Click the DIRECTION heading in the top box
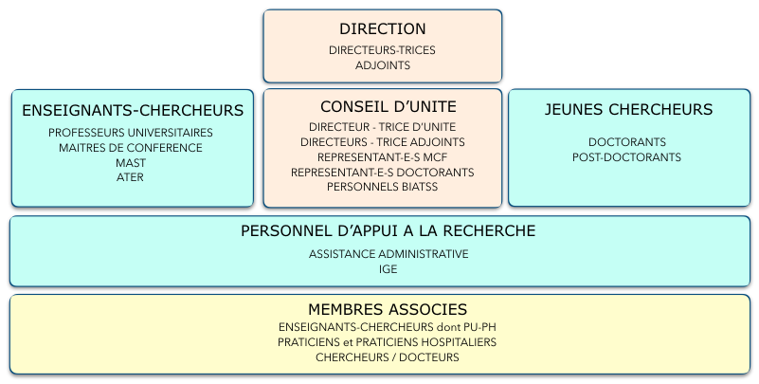tap(383, 29)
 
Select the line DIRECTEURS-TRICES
tap(383, 50)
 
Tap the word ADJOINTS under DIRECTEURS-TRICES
tap(383, 65)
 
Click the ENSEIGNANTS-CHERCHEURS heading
tap(133, 110)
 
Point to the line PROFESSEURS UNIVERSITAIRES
tap(131, 133)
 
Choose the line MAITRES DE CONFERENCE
tap(131, 148)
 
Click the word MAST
tap(131, 163)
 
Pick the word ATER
tap(130, 177)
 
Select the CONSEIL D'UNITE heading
tap(389, 106)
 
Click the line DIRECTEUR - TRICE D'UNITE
tap(383, 127)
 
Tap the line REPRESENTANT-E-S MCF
tap(383, 157)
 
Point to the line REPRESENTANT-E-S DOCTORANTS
tap(383, 173)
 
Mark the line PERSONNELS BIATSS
tap(383, 187)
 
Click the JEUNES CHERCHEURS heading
tap(629, 109)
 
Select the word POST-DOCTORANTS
tap(627, 157)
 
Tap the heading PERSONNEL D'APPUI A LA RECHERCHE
tap(389, 231)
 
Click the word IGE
tap(389, 269)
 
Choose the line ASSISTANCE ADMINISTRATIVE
tap(389, 254)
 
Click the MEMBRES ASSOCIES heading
tap(388, 309)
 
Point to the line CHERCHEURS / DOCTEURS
tap(388, 357)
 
